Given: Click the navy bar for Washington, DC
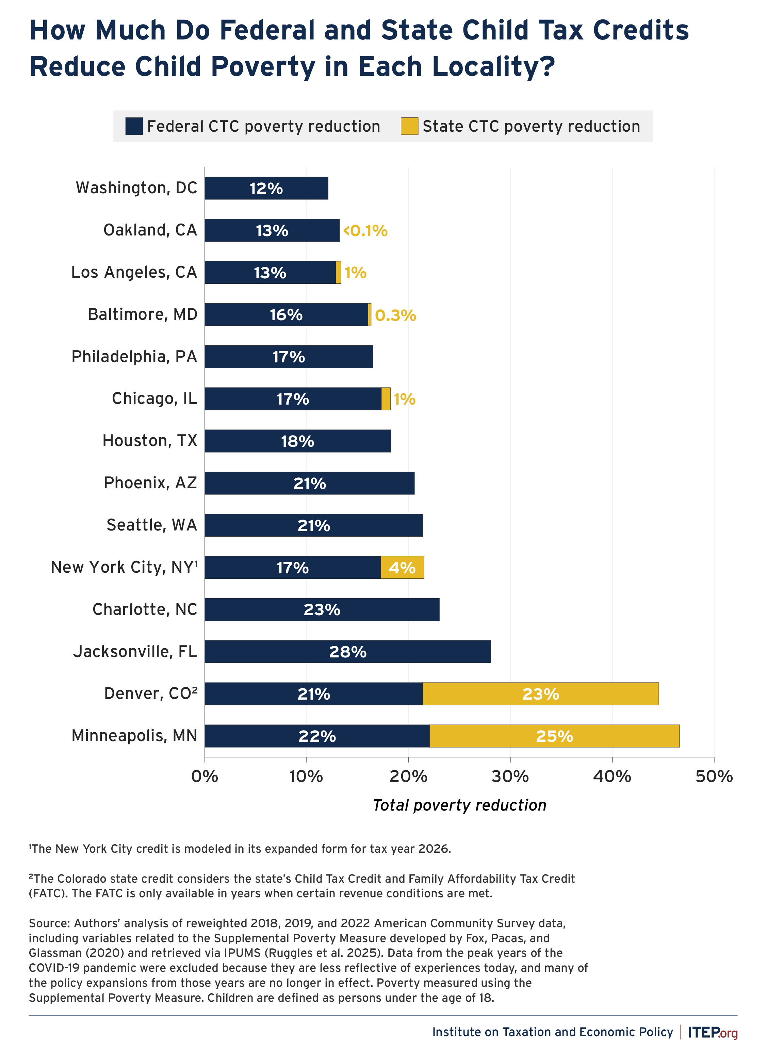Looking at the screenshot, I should point(266,188).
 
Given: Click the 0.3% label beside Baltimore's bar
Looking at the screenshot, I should point(395,315).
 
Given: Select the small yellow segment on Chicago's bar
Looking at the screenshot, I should point(386,399).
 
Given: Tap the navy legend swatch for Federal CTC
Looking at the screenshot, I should point(134,126).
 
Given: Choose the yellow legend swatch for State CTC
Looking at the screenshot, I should point(409,126).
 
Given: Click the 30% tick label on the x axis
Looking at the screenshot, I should point(510,776).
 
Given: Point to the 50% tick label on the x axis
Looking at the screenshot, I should point(714,776).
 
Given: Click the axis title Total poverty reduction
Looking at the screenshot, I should point(459,805).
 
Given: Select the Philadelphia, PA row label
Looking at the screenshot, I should point(134,357).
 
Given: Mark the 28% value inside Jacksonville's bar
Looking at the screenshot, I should point(348,652).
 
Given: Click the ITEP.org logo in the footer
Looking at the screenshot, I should point(712,1032).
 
